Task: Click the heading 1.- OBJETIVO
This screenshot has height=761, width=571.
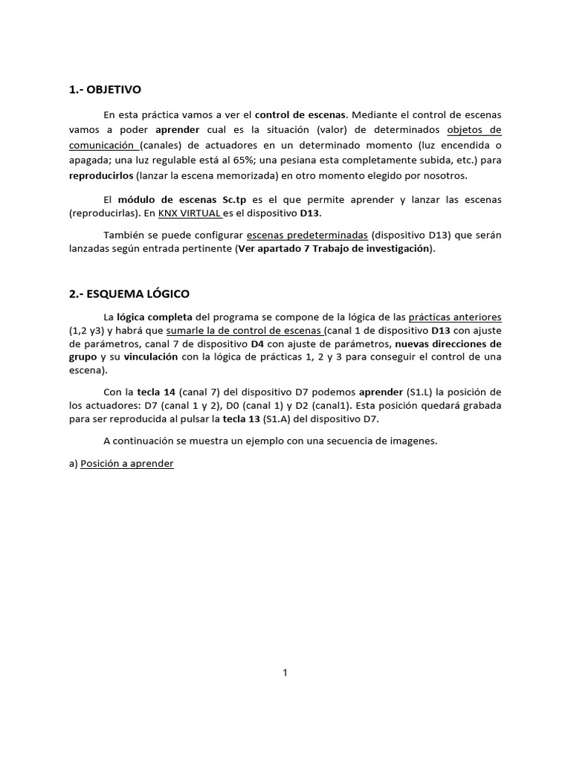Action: click(104, 90)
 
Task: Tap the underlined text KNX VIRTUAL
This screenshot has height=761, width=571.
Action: click(190, 213)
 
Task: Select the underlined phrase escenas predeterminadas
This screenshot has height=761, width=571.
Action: click(307, 235)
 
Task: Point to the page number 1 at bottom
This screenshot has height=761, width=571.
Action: click(285, 673)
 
